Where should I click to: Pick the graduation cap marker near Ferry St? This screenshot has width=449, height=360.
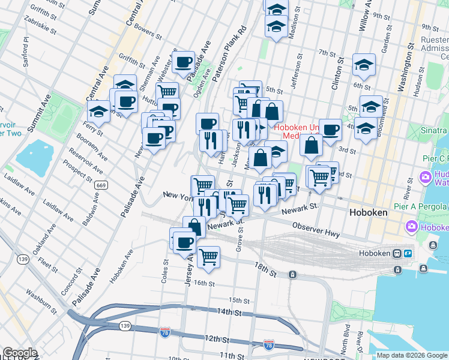click(99, 111)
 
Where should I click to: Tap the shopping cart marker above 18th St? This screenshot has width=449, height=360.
click(208, 256)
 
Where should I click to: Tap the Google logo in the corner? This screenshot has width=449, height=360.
click(20, 353)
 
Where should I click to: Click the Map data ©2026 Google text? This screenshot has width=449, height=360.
click(412, 355)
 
